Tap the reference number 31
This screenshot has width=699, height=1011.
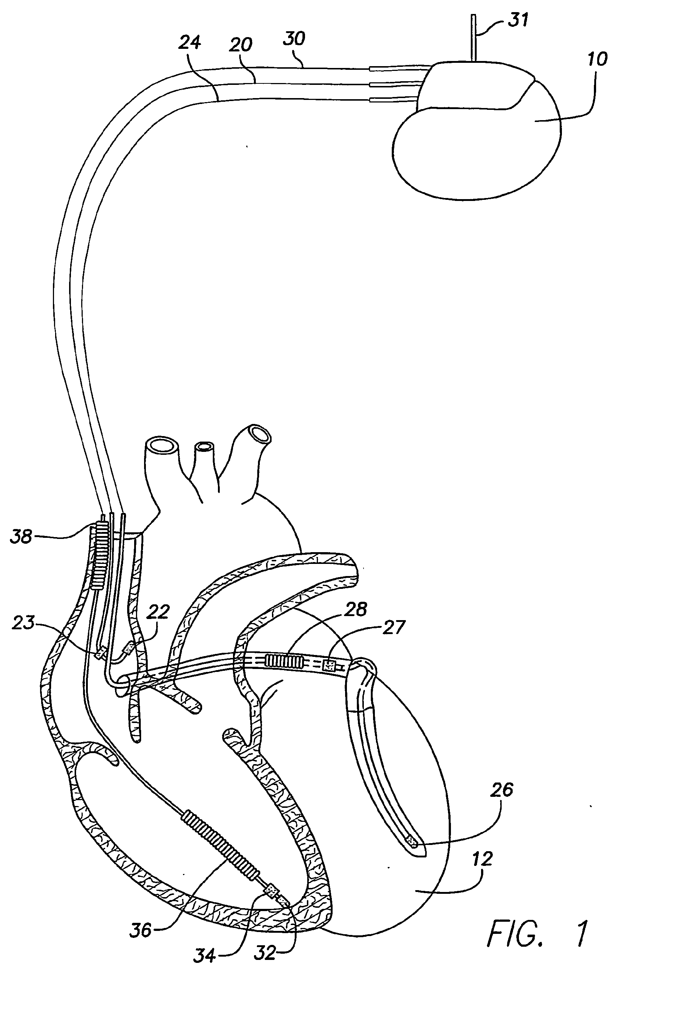518,20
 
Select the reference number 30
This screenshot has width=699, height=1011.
294,39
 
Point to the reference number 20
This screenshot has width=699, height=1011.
240,45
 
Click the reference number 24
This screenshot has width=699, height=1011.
190,43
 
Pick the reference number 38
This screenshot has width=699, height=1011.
21,536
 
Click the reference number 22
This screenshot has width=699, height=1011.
157,612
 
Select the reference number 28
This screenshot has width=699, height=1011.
355,609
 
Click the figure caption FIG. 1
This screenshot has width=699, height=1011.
537,935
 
